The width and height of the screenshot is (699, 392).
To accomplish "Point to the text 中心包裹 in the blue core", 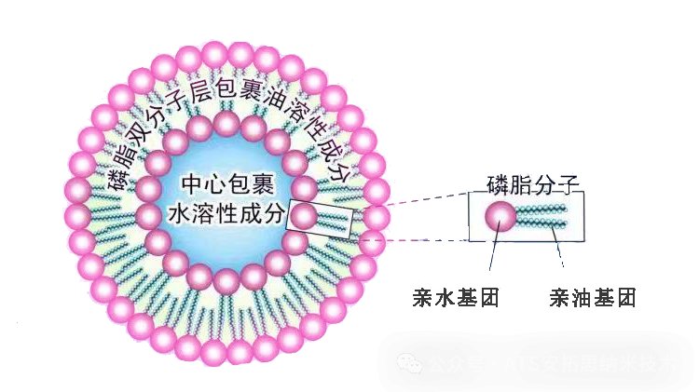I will [x=223, y=185].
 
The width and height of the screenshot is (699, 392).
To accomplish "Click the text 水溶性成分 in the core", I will [x=224, y=213].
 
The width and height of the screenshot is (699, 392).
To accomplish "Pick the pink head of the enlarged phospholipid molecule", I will [x=500, y=217].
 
